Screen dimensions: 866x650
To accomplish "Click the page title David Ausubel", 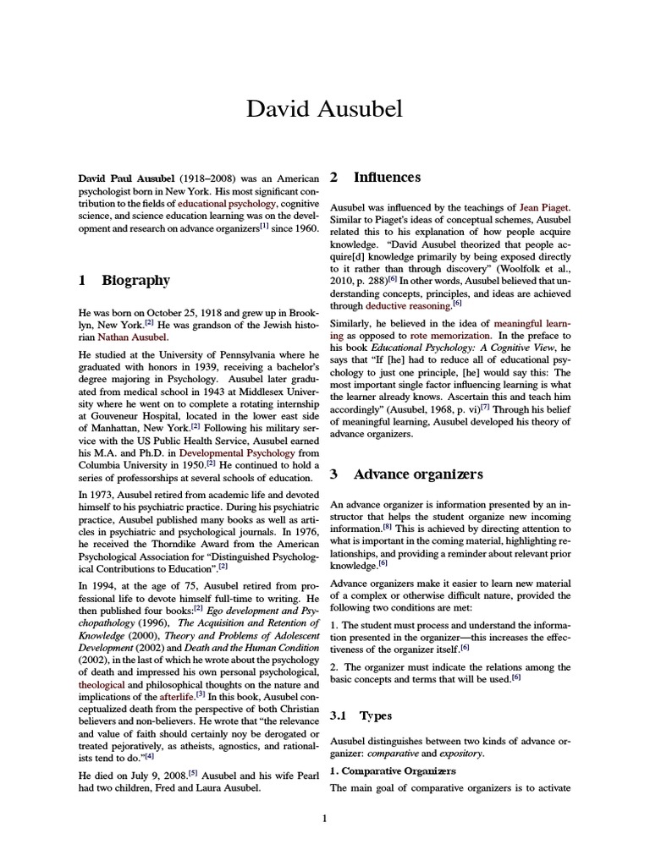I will tap(325, 109).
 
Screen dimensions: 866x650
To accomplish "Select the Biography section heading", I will tap(135, 280).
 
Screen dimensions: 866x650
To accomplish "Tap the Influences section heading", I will tap(386, 177).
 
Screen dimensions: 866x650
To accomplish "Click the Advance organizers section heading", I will tap(418, 474).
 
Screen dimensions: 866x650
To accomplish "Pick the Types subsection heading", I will tap(377, 715).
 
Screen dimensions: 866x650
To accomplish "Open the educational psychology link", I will tap(226, 204).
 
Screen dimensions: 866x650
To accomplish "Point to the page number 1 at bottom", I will tap(325, 818).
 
